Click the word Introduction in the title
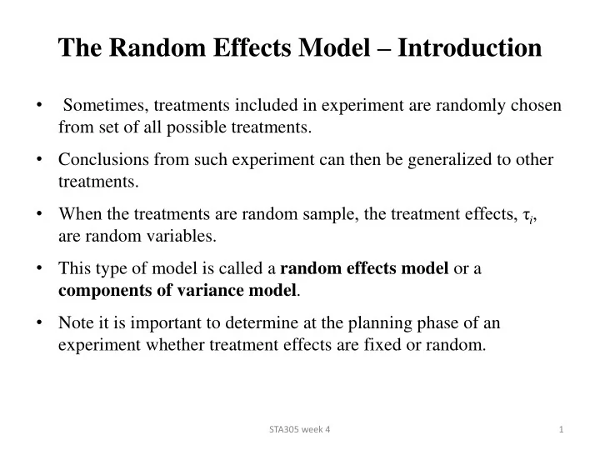pos(469,47)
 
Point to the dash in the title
pos(383,48)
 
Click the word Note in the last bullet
pos(75,322)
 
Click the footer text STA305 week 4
pos(299,428)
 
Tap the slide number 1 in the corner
pos(562,428)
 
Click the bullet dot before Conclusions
pos(40,160)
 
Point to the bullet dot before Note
pos(40,322)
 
